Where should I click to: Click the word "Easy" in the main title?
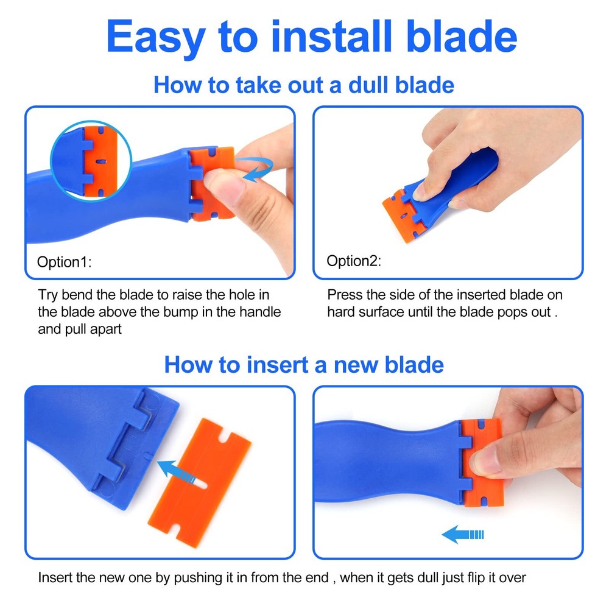[155, 37]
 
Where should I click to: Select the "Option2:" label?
[354, 261]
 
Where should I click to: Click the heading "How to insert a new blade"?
[304, 365]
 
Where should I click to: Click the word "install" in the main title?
[329, 37]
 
